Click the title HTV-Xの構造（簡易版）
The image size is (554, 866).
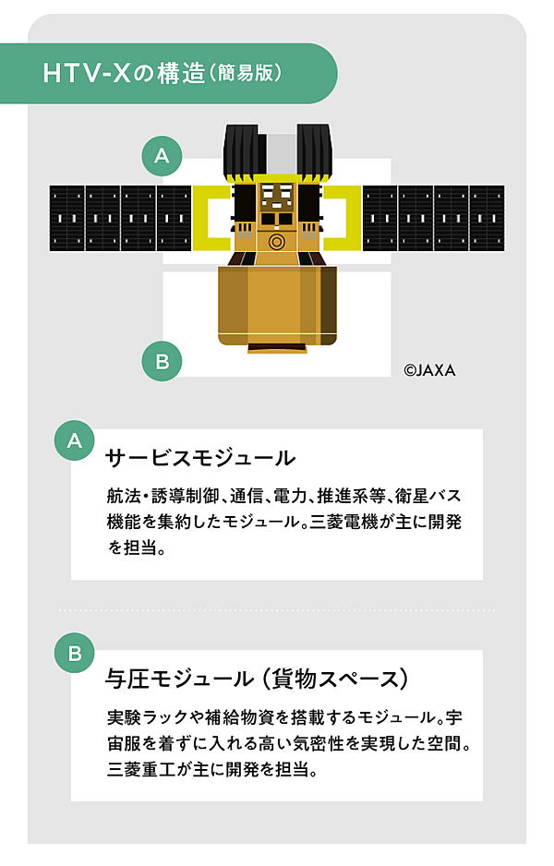[x=163, y=73]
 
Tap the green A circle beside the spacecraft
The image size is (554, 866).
[x=162, y=156]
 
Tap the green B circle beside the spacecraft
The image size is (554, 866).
[x=162, y=361]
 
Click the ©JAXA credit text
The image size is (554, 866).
[x=429, y=370]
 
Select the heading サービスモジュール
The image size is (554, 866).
[x=200, y=458]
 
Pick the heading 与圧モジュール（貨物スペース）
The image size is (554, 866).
[x=257, y=679]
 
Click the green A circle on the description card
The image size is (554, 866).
[x=75, y=440]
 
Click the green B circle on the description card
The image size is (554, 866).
[x=75, y=653]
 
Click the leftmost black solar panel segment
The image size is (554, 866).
[x=66, y=218]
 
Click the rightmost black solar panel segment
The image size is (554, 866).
[x=488, y=218]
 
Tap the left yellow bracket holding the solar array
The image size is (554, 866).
[x=211, y=218]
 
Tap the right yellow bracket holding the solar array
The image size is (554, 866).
[x=343, y=218]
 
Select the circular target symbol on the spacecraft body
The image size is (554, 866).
[x=277, y=241]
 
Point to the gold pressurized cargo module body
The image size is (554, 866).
[x=277, y=306]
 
